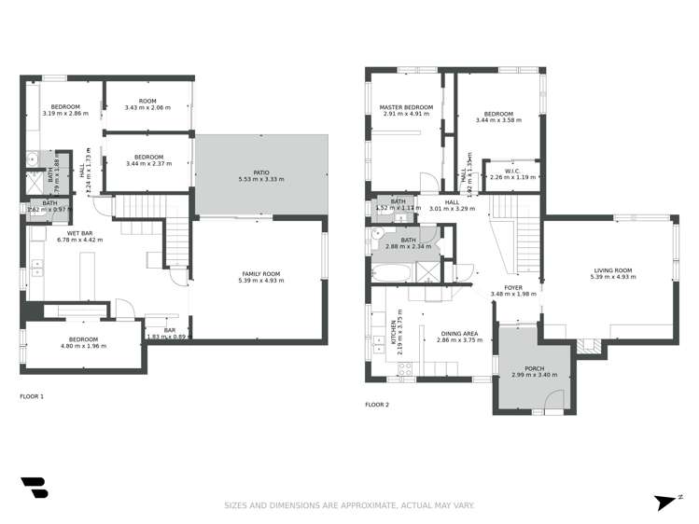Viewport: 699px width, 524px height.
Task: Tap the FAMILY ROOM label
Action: [x=259, y=273]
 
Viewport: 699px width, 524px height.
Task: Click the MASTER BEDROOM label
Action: [x=406, y=107]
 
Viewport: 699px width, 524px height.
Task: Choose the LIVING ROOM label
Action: [x=612, y=270]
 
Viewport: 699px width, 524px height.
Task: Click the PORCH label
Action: [x=534, y=368]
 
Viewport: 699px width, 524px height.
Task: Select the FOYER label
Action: [x=513, y=287]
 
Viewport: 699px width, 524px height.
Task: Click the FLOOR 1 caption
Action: [x=32, y=396]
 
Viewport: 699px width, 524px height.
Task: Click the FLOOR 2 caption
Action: [x=377, y=405]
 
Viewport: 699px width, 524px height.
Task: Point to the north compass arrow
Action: [x=665, y=502]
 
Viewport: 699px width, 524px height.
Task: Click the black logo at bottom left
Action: [x=34, y=488]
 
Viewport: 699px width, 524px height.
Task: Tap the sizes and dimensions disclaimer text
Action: [x=349, y=505]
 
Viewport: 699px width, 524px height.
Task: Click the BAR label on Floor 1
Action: [x=170, y=329]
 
